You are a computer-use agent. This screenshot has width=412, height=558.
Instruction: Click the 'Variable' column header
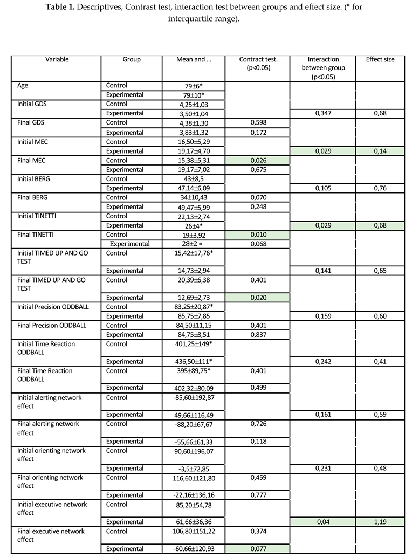pos(57,59)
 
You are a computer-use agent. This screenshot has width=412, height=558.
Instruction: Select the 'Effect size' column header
pos(380,59)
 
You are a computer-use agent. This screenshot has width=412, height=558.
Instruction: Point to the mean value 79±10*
pos(193,95)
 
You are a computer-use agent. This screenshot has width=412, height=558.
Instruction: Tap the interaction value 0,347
pos(322,113)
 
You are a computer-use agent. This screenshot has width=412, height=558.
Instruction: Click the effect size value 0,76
pos(380,188)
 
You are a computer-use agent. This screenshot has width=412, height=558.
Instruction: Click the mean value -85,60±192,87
pos(193,397)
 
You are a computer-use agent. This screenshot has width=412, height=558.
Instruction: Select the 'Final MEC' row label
pos(31,160)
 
